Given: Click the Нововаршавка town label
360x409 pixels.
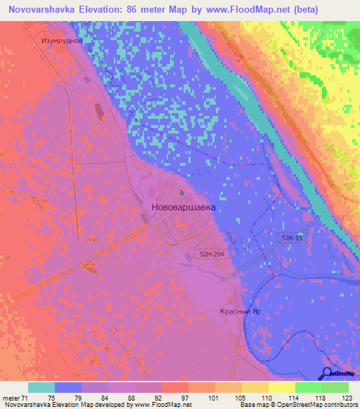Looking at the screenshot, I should [184, 208].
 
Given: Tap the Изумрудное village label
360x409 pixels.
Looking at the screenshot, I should [63, 40].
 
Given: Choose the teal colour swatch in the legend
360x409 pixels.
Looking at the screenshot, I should [41, 387].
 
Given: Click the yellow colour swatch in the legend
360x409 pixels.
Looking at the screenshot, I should [281, 387].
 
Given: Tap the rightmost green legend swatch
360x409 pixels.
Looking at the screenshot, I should [335, 387].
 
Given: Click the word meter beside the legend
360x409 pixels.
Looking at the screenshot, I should [12, 397].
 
